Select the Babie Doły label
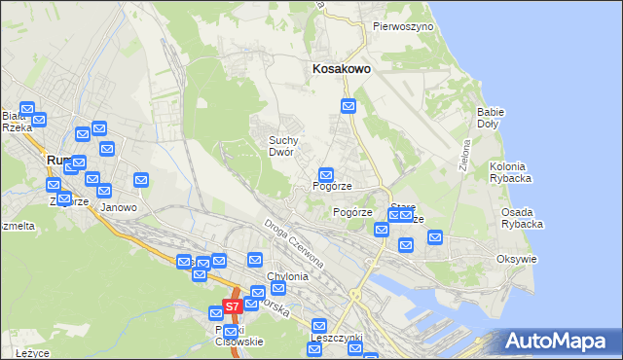point(490,118)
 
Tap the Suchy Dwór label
point(289,146)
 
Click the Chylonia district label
point(280,276)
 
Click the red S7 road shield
point(232,306)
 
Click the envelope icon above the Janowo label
point(141,180)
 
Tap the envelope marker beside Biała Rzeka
point(26,110)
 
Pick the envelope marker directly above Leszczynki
point(317,325)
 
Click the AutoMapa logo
point(558,341)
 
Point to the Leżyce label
point(32,352)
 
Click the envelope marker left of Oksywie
point(435,236)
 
